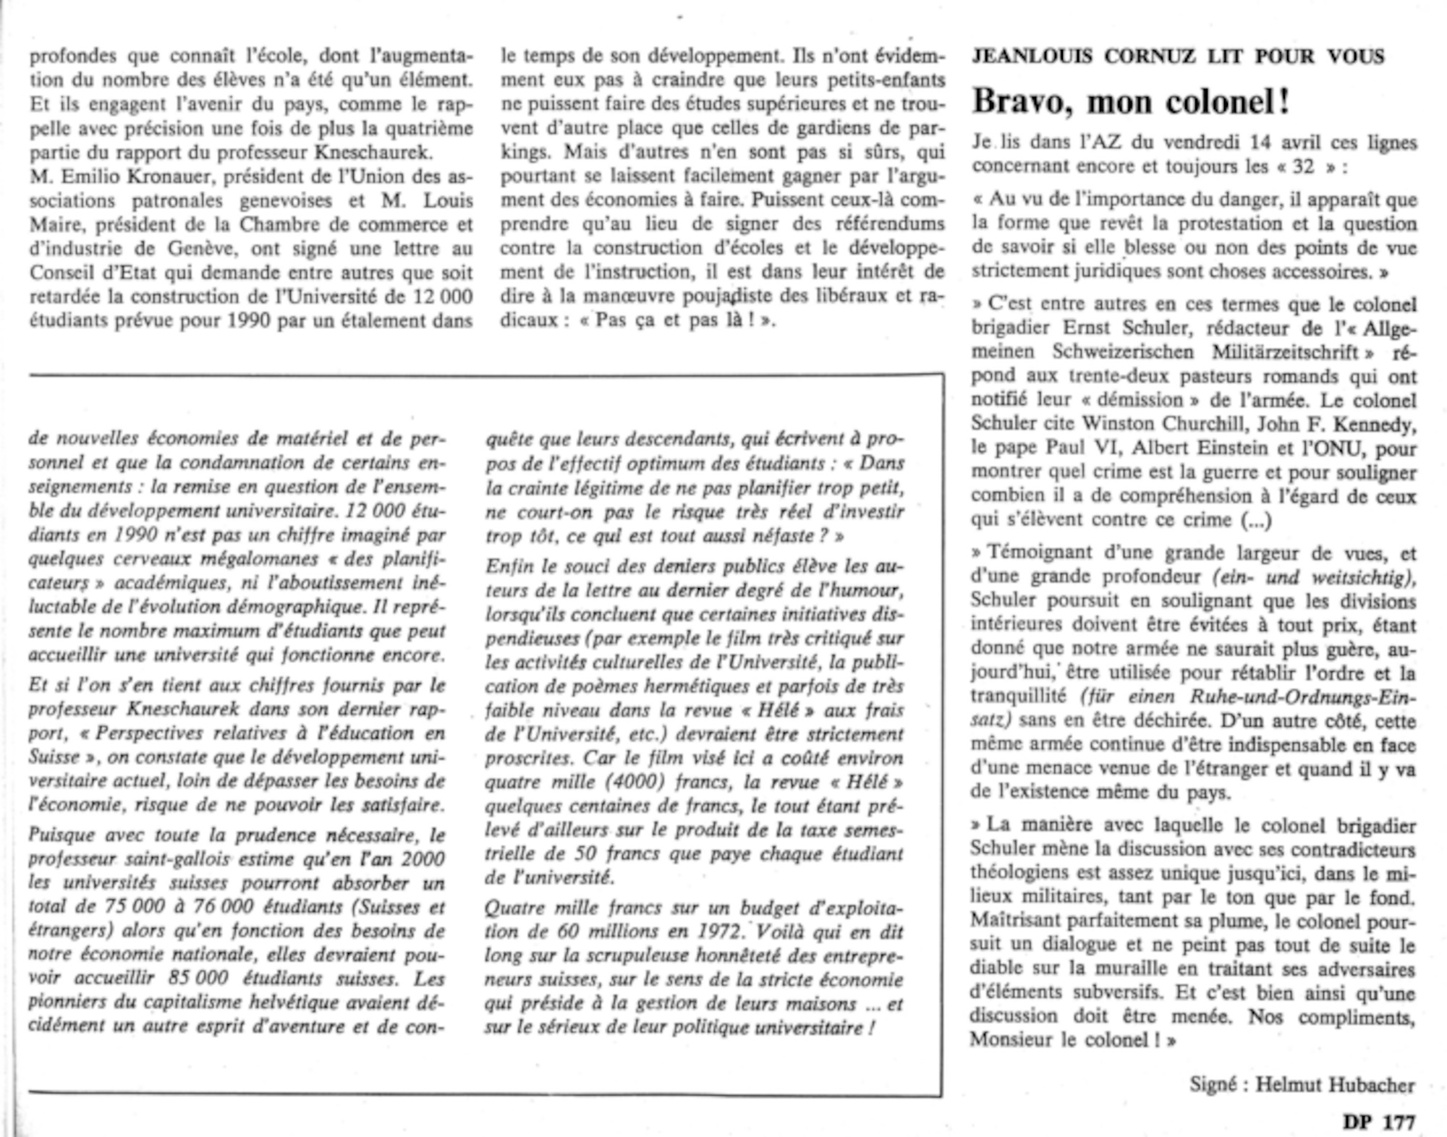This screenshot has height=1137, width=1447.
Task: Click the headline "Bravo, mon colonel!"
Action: [1130, 101]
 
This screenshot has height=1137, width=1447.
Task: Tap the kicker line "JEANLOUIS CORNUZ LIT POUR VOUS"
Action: [1178, 56]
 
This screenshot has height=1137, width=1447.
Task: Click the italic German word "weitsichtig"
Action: [1365, 576]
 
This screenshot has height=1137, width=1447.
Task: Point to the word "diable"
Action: [995, 968]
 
